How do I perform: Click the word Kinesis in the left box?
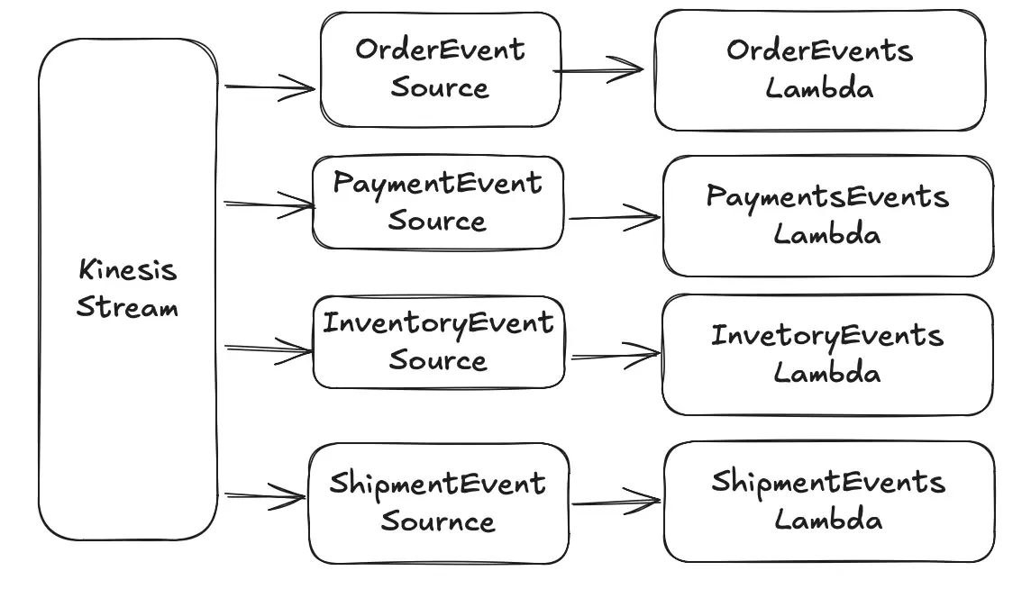coord(127,270)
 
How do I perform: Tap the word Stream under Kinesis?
coord(127,307)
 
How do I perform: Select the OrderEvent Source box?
coord(440,69)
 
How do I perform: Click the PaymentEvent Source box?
coord(438,203)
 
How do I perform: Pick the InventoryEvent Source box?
coord(438,342)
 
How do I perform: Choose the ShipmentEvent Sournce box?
coord(438,503)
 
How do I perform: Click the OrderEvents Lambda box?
coord(819,70)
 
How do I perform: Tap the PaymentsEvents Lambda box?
coord(827,216)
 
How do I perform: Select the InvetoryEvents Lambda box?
coord(826,355)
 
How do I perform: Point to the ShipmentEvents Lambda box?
coord(828,502)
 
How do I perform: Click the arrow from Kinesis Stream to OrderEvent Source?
coord(269,87)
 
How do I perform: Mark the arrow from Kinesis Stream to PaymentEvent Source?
coord(269,205)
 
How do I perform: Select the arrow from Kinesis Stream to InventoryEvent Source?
coord(268,349)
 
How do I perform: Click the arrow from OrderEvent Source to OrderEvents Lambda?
coord(599,69)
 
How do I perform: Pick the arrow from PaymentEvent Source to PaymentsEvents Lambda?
coord(613,217)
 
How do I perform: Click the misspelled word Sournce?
coord(438,521)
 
